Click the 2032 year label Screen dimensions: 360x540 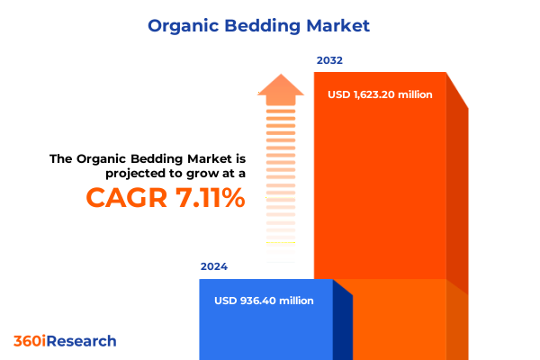(329, 61)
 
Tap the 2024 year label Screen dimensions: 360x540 (214, 267)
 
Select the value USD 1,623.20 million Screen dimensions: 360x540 (381, 94)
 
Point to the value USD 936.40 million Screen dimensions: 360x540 (264, 301)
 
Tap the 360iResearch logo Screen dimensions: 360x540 (65, 341)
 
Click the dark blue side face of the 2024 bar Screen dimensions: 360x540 (343, 324)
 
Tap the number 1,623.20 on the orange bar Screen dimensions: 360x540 (378, 94)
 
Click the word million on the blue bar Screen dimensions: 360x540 (296, 301)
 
